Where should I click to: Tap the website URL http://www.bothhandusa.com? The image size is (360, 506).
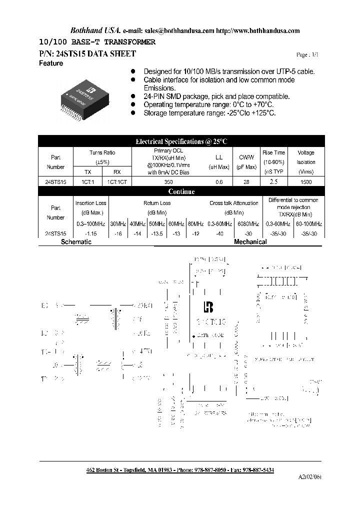[258, 30]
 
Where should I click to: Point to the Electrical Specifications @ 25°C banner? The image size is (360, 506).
[181, 141]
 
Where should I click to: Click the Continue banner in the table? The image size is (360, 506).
[181, 191]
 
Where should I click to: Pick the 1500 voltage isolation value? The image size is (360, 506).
[306, 182]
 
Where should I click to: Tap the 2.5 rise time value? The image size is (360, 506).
[273, 182]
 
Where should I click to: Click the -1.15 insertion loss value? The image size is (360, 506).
[91, 233]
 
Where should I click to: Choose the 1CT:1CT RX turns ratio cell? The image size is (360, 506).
[117, 182]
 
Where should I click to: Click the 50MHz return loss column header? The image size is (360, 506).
[157, 223]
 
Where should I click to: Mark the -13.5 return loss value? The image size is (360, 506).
[157, 233]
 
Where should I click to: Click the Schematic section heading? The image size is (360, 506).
[76, 242]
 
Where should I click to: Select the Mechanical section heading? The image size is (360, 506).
[250, 242]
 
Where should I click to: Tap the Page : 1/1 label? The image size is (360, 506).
[307, 54]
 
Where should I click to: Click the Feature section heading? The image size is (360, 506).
[51, 63]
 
